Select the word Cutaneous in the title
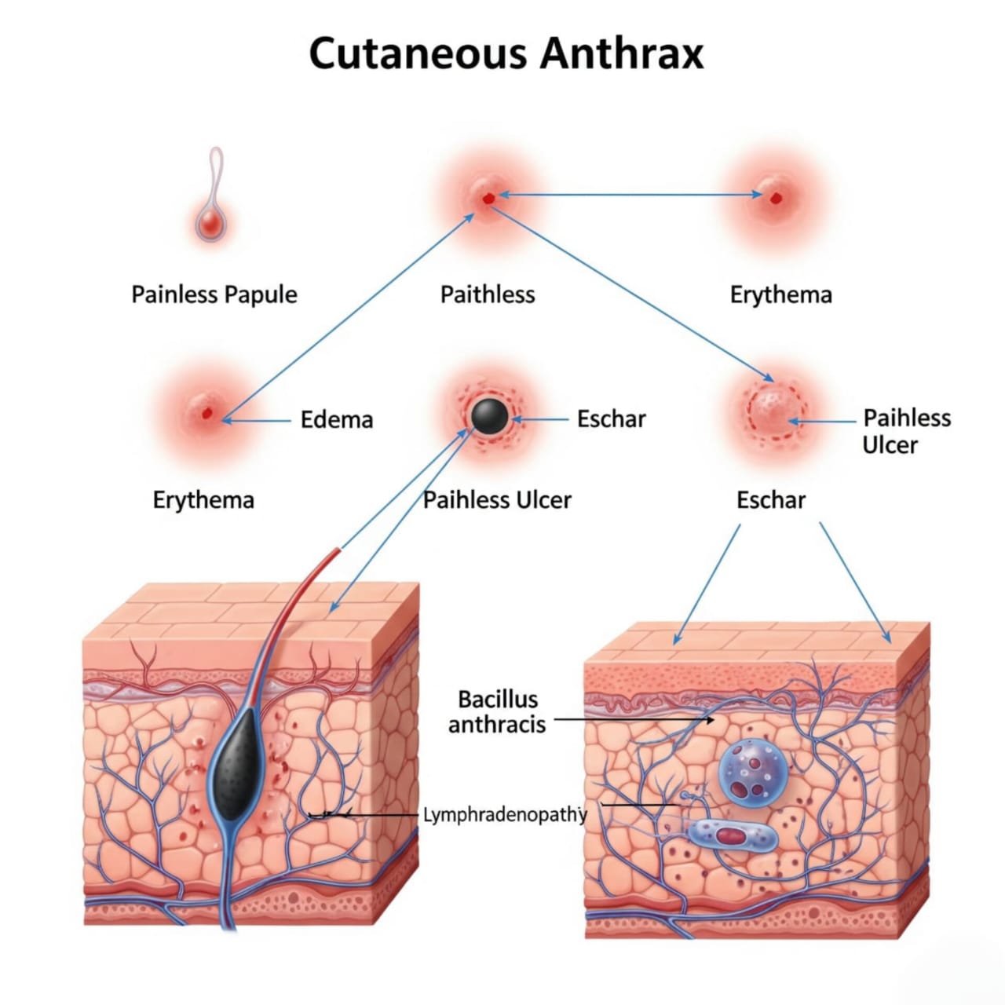pos(417,53)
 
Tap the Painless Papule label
pos(214,295)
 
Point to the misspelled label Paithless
pos(487,295)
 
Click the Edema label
pos(336,419)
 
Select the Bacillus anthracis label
pos(497,711)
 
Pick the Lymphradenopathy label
pos(504,815)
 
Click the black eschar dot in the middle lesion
pos(488,415)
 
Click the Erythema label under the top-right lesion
pos(780,295)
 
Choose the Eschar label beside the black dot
pos(611,419)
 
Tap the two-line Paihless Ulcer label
pos(905,431)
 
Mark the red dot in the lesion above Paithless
pos(488,199)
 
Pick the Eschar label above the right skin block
pos(770,500)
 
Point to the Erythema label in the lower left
pos(203,500)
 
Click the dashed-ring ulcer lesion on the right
pos(776,409)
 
